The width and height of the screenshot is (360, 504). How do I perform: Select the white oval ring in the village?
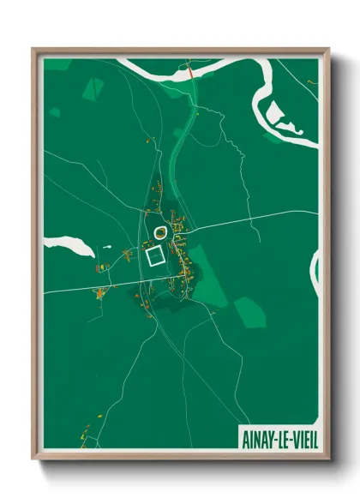tap(159, 231)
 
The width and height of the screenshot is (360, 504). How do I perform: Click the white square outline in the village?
tap(154, 256)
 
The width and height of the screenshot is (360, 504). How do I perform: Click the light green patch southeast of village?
tap(249, 312)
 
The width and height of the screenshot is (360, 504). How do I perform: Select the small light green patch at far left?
tap(55, 112)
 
